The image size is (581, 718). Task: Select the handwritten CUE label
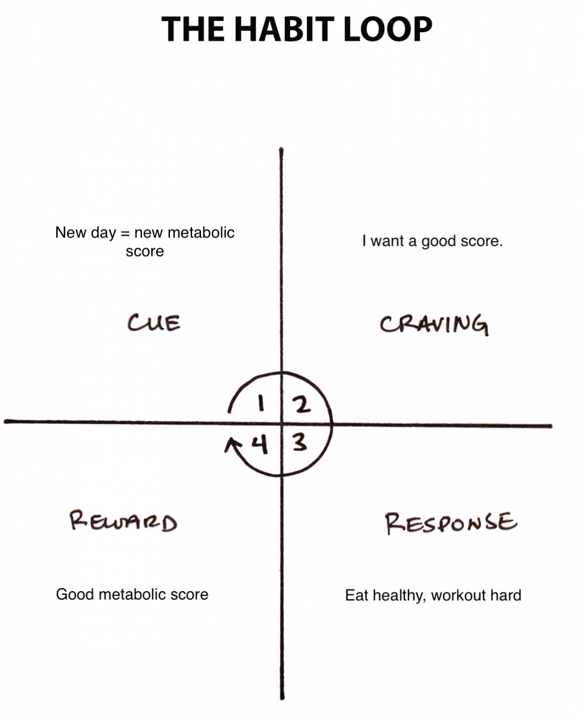tap(154, 323)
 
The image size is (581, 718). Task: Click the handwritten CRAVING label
tap(434, 325)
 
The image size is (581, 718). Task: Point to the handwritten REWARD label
tap(123, 521)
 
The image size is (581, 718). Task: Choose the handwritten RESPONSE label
tap(451, 523)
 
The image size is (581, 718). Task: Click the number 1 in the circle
tap(260, 403)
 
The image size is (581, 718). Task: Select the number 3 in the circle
tap(300, 443)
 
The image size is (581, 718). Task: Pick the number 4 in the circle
tap(260, 445)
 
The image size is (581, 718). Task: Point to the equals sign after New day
tap(125, 233)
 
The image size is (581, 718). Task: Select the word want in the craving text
tap(388, 241)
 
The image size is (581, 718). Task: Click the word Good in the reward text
tap(75, 595)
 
